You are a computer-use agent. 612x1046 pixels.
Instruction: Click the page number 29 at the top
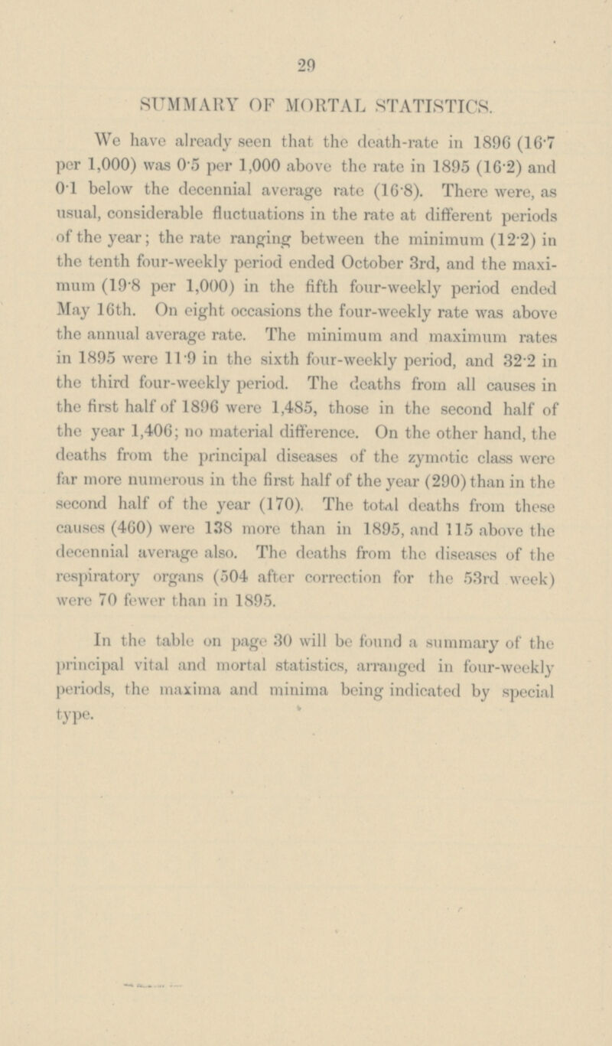[305, 67]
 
